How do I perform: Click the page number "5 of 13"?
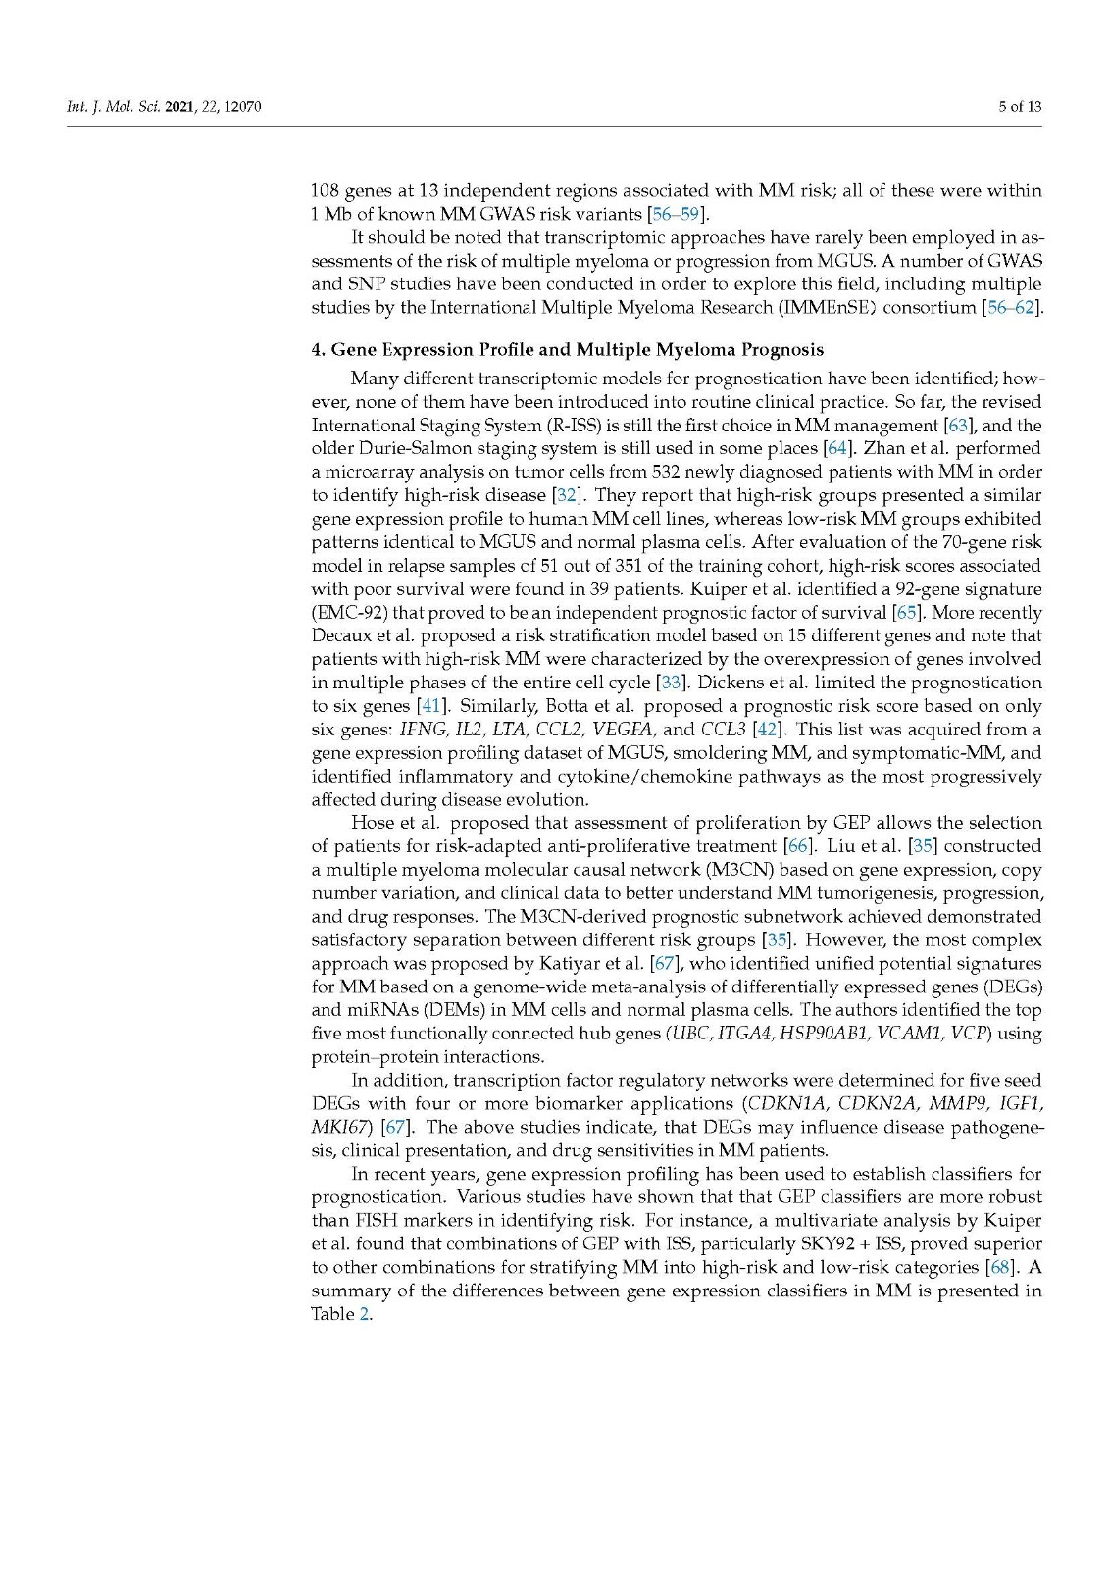[x=1019, y=106]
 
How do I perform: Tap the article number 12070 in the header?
[x=242, y=106]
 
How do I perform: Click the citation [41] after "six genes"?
[x=430, y=706]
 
